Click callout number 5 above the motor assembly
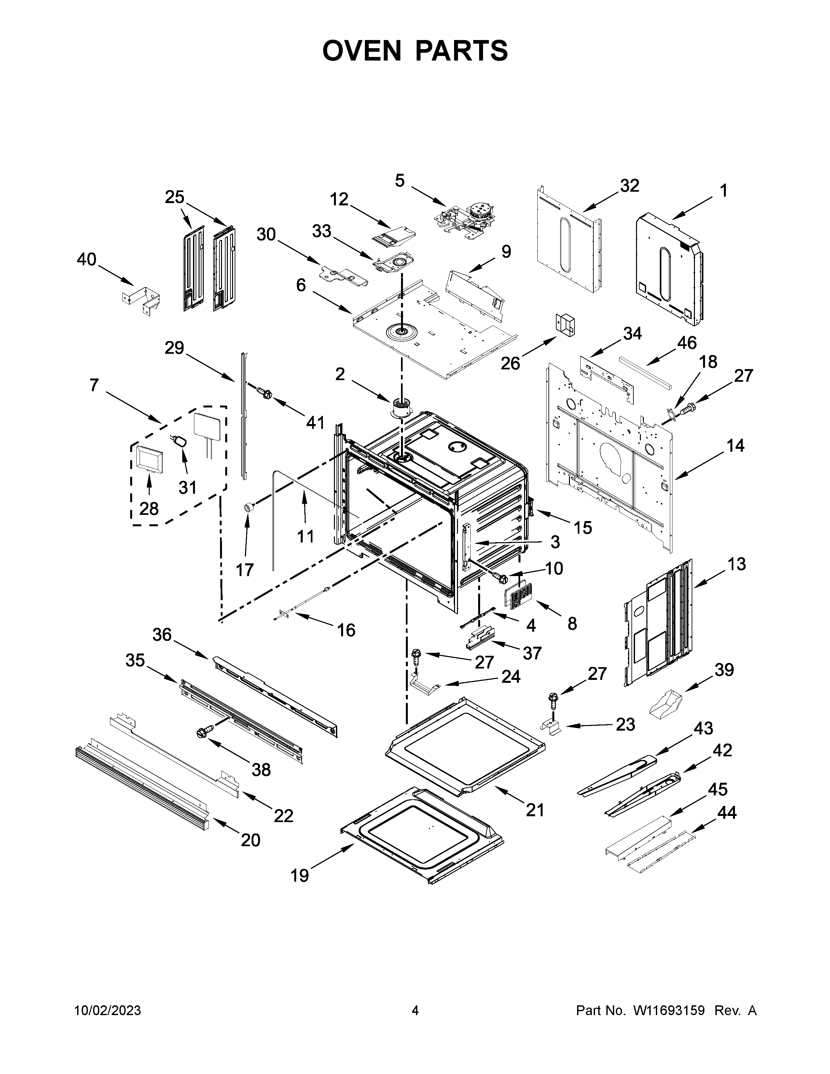(400, 181)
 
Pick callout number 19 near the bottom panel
(299, 875)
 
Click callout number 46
(686, 343)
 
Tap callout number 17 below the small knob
(244, 570)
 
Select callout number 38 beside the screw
(261, 770)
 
